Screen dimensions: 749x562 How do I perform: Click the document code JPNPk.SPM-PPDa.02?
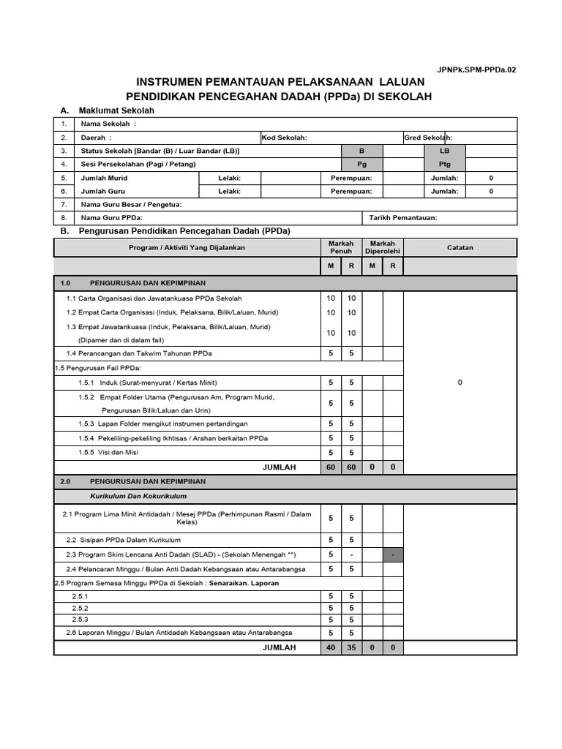[x=476, y=69]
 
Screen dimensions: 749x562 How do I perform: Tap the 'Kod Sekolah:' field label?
[x=285, y=138]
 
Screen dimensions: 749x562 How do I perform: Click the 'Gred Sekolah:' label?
[x=428, y=138]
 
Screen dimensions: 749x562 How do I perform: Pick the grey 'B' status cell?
[x=361, y=151]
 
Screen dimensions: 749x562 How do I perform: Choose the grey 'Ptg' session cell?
[x=444, y=164]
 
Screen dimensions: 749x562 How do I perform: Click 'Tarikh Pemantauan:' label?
[x=402, y=217]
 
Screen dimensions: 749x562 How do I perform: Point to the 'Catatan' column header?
[x=460, y=247]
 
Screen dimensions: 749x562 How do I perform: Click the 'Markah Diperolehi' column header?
[x=382, y=247]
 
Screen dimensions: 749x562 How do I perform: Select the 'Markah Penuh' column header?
[x=341, y=247]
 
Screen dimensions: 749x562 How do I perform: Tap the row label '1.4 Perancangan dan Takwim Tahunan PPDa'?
[x=139, y=353]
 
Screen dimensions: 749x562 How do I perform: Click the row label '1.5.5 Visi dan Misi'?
[x=108, y=452]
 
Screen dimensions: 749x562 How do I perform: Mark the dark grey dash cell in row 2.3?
[x=393, y=555]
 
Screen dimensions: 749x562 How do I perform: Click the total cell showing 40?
[x=331, y=647]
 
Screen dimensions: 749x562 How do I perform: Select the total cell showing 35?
[x=351, y=647]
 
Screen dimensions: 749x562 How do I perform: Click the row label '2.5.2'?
[x=80, y=608]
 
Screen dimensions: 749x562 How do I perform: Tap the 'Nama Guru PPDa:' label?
[x=112, y=217]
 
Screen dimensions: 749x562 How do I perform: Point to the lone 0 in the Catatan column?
[x=460, y=383]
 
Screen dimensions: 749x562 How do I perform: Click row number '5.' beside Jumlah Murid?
[x=64, y=178]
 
